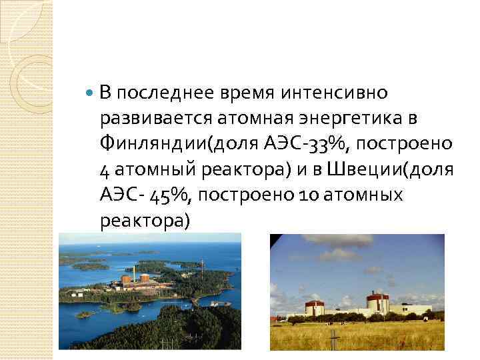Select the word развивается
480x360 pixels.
[156, 119]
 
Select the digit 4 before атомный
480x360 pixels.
[105, 168]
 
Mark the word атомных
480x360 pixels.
[365, 194]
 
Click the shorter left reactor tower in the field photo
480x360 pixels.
[313, 306]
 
